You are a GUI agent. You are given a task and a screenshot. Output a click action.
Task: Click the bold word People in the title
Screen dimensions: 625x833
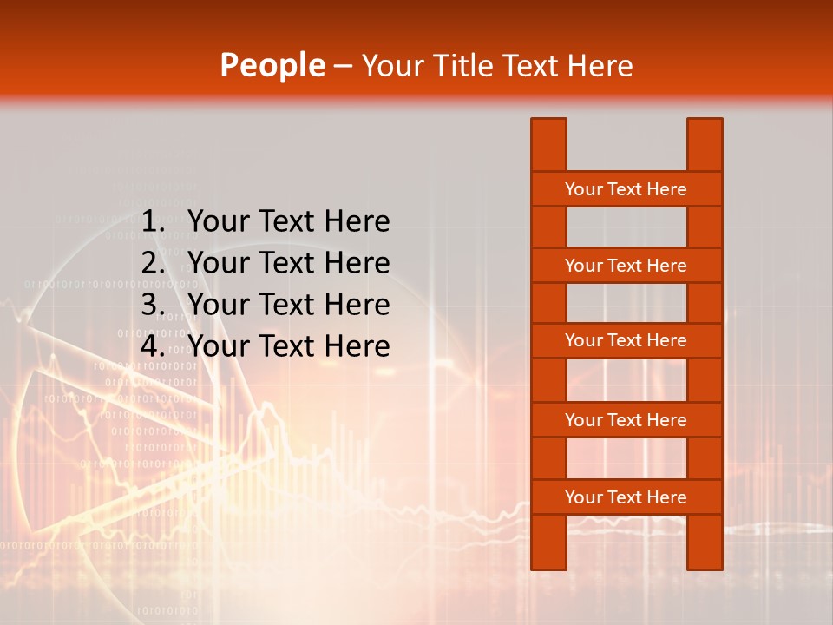coord(272,65)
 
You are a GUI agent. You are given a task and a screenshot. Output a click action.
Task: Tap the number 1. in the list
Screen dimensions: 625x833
coord(154,222)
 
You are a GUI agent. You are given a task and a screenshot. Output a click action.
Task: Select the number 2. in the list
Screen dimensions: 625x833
coord(154,263)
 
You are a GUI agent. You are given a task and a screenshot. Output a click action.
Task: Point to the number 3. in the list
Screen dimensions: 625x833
coord(154,305)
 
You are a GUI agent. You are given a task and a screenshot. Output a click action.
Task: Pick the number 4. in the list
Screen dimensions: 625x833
coord(154,346)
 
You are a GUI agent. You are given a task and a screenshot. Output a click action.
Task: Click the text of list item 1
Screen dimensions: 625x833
coord(288,222)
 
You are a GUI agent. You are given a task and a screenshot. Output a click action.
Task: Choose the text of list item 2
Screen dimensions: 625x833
coord(288,263)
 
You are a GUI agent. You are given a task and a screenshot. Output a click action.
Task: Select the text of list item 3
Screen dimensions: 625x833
coord(288,305)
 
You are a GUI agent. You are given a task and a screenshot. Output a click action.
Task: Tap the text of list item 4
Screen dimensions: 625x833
coord(288,346)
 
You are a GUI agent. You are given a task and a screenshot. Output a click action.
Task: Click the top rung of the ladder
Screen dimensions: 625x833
coord(626,189)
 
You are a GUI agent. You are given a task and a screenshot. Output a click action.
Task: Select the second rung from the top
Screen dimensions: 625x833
coord(626,266)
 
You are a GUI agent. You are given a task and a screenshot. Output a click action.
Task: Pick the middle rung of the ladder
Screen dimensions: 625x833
coord(626,340)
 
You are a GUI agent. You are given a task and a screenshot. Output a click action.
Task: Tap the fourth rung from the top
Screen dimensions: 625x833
coord(626,420)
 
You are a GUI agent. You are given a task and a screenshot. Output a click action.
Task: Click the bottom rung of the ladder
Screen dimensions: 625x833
coord(626,497)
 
